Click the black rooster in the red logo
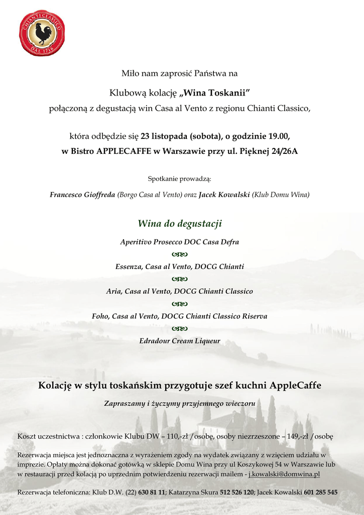[43, 34]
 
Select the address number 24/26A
[285, 151]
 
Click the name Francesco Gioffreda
[82, 195]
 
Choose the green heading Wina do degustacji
[180, 223]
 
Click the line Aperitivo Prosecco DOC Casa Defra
[180, 242]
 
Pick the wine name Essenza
[128, 267]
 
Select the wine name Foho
[100, 316]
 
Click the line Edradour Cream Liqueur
[180, 341]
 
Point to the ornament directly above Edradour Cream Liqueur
[180, 329]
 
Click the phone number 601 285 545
[320, 492]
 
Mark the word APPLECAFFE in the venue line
[124, 151]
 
